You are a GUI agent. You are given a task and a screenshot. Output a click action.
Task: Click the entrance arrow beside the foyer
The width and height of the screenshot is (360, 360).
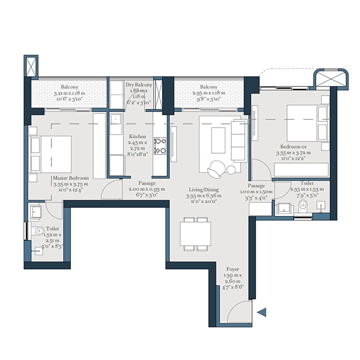coord(262,312)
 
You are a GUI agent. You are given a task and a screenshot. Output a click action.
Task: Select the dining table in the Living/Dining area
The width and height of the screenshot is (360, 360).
coord(195,235)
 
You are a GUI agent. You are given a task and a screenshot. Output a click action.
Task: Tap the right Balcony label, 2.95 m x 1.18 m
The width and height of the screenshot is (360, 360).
coord(208,93)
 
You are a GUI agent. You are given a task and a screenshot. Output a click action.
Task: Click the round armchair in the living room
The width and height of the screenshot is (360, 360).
coord(216,167)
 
